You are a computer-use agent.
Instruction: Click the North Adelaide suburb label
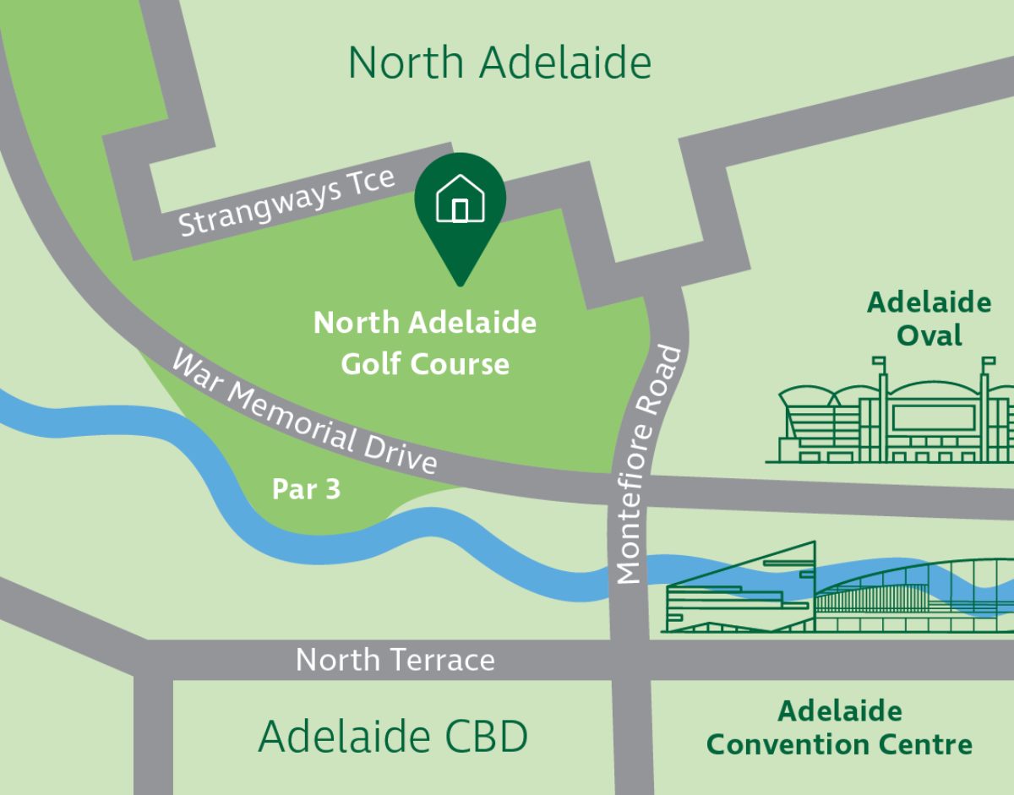(x=499, y=63)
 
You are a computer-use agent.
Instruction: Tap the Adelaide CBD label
(x=393, y=736)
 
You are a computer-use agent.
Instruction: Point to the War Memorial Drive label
(x=304, y=413)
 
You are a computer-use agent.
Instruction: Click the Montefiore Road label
(x=649, y=465)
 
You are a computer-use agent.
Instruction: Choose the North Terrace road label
(x=395, y=659)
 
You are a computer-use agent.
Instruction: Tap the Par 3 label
(x=306, y=489)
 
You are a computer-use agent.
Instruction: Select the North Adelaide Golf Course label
(x=425, y=343)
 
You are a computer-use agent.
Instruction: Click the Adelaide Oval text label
(x=929, y=319)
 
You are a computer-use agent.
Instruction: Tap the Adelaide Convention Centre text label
(x=839, y=727)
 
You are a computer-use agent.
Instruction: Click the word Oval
(x=929, y=335)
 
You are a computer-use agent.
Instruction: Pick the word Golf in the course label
(x=372, y=364)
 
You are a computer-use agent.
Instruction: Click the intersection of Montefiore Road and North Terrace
(x=630, y=659)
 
